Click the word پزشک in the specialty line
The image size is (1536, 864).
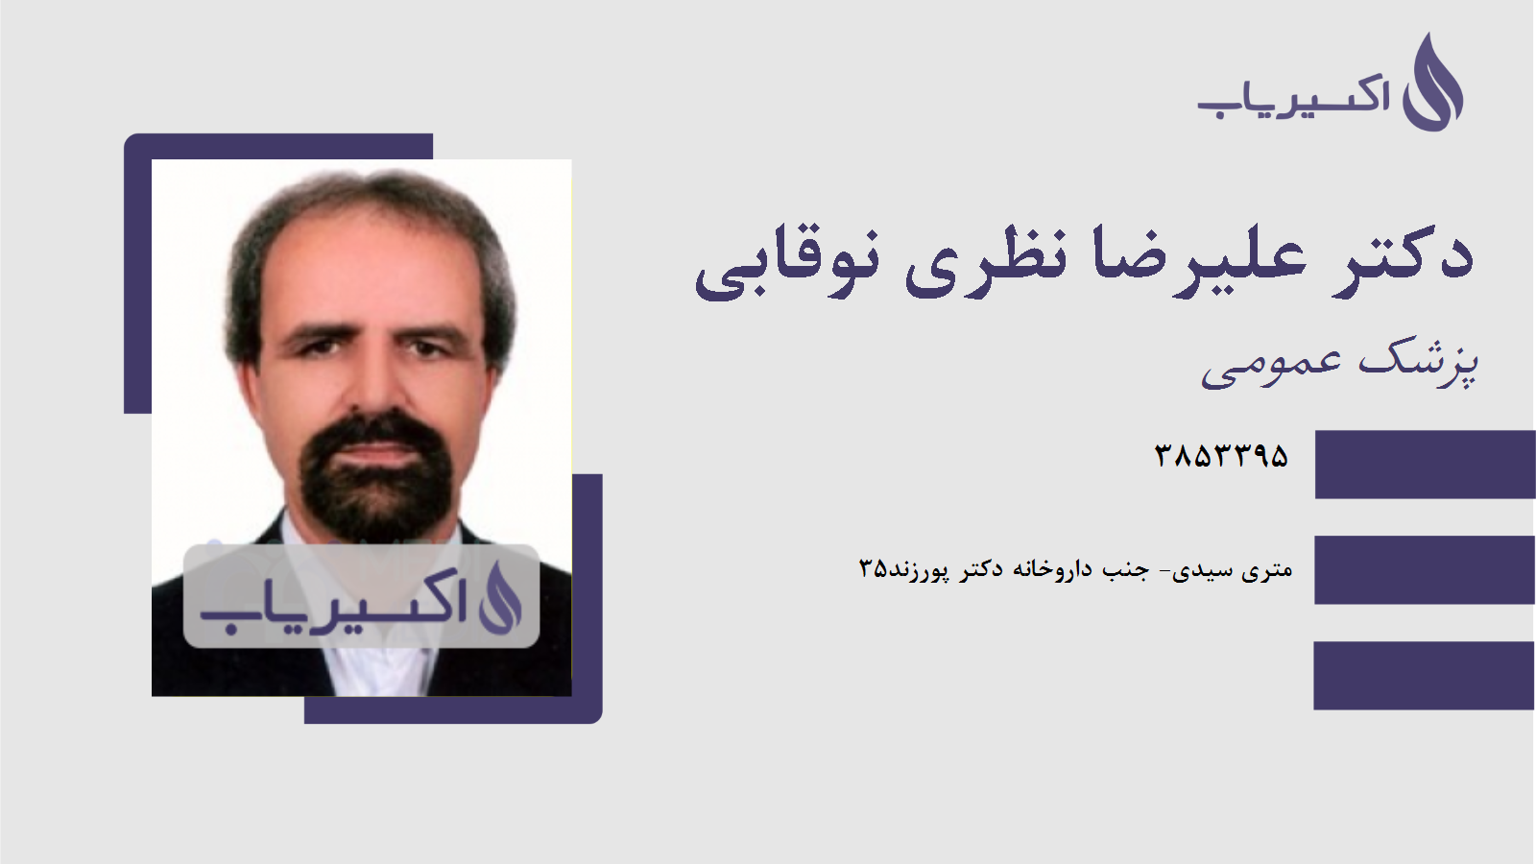(x=1419, y=363)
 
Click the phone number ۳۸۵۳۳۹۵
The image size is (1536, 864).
(x=1221, y=455)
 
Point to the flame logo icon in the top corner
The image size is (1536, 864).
(x=1432, y=84)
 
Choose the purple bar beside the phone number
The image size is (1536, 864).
(x=1425, y=465)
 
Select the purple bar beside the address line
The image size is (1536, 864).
(x=1425, y=569)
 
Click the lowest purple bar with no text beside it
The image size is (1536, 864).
(x=1425, y=675)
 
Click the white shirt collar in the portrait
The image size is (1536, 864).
(x=379, y=667)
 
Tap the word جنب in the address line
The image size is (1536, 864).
(x=1125, y=570)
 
